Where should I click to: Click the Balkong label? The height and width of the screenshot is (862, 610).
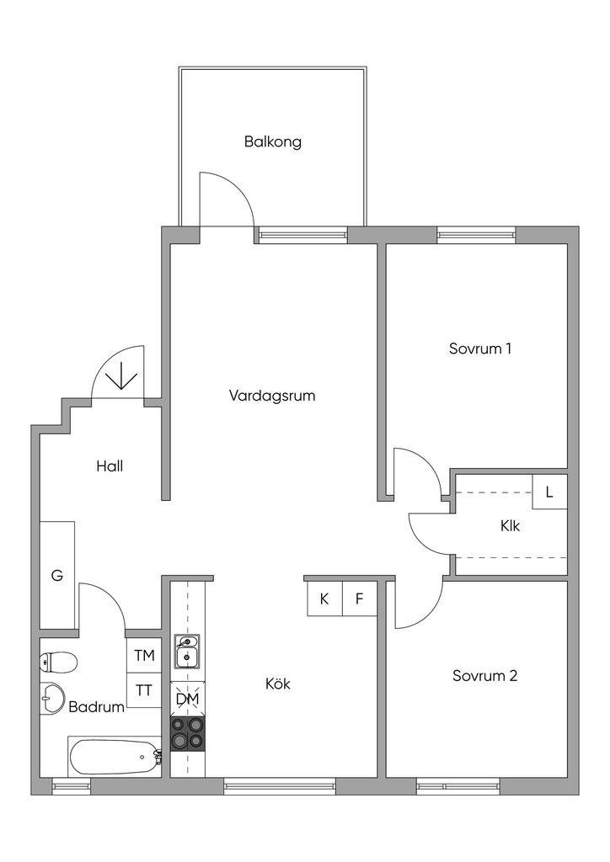coord(272,141)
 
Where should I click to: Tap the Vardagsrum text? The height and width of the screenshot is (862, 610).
coord(272,396)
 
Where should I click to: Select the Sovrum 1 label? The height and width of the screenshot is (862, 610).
coord(480,349)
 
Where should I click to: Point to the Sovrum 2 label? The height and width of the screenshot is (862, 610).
coord(484,676)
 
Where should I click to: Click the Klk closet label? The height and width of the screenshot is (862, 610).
coord(510,526)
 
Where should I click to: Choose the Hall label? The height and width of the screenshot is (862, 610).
coord(110,466)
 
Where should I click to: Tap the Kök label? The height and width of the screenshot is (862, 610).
coord(278,684)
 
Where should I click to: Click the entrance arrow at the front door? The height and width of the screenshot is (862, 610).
coord(121,376)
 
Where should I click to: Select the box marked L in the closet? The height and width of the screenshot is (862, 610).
coord(549,492)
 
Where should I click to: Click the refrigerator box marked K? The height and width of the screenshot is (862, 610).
coord(324,599)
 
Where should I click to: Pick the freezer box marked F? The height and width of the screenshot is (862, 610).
coord(360,599)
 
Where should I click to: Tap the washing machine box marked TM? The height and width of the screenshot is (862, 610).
coord(144,655)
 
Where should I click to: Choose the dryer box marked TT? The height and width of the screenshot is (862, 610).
coord(144,690)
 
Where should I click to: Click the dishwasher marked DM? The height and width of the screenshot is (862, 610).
coord(188,699)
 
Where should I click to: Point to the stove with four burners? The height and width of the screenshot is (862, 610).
coord(188,734)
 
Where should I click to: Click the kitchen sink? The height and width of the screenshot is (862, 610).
coord(188,651)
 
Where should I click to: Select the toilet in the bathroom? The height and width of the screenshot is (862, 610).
coord(58,662)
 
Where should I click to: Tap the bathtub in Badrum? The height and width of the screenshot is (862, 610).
coord(115,757)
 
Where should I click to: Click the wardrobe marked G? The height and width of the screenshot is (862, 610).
coord(57,576)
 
